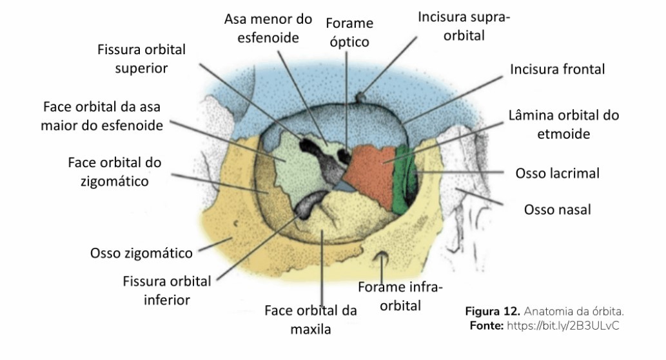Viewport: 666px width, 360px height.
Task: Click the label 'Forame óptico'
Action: coord(349,32)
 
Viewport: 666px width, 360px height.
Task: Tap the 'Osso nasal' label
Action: coord(557,210)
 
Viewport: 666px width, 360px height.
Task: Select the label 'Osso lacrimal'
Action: coord(557,173)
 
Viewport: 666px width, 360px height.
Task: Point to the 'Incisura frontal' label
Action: coord(557,69)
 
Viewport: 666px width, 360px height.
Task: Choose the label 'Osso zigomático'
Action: coord(141,253)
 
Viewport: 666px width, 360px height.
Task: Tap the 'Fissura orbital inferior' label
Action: coord(166,290)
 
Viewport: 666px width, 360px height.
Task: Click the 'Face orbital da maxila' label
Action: coord(311,320)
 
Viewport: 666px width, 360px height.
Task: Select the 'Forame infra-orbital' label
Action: coord(400,296)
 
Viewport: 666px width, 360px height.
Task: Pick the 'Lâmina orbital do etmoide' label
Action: coord(563,125)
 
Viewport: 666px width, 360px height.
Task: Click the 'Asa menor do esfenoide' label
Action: coord(268,28)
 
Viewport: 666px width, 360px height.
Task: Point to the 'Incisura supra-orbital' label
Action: coord(464,26)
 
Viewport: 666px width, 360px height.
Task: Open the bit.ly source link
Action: coord(563,326)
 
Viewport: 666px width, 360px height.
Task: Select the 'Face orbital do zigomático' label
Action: coord(115,172)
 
